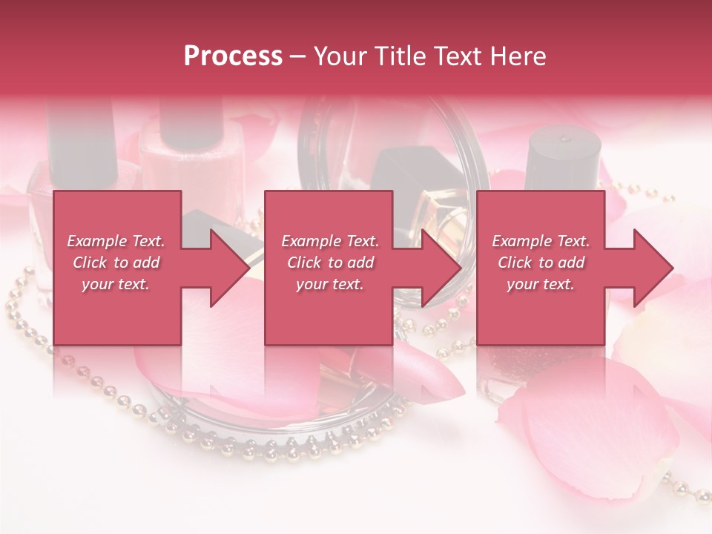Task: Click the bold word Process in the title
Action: [233, 56]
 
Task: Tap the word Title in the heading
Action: [404, 56]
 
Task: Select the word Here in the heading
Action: [518, 56]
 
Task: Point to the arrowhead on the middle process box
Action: [440, 268]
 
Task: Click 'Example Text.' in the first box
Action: [116, 241]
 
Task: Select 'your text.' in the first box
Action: [116, 284]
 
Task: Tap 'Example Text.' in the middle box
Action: [330, 241]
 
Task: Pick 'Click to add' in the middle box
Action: [330, 263]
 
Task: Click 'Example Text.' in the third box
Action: [541, 241]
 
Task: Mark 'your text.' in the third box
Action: [541, 284]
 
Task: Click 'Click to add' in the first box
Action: [116, 263]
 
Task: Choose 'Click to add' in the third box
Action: [541, 263]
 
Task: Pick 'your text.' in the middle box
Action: [330, 284]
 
